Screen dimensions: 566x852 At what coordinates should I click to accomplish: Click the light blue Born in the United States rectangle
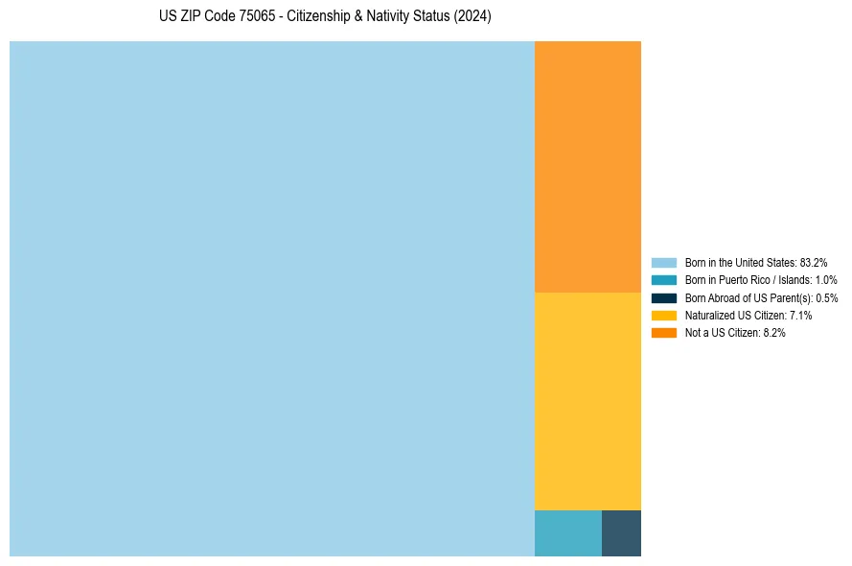tap(271, 298)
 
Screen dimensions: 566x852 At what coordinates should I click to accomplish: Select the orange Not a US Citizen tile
tap(587, 166)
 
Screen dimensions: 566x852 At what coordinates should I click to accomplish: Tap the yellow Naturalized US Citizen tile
tap(587, 401)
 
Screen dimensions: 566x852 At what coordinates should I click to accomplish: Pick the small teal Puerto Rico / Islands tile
tap(567, 533)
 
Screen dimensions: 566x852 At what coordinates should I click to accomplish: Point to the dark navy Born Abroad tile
tap(621, 533)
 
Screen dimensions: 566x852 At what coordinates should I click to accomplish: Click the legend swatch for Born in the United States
tap(664, 262)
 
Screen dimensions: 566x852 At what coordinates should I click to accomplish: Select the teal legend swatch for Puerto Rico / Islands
tap(664, 280)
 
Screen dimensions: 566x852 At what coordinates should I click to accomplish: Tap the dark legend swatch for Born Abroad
tap(664, 297)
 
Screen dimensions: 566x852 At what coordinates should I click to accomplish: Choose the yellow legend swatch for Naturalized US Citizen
tap(664, 315)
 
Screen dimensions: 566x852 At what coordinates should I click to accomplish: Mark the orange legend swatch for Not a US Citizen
tap(664, 333)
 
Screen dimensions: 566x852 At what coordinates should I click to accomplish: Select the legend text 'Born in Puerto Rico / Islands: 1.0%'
tap(761, 280)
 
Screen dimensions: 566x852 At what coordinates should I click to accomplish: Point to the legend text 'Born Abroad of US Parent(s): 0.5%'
tap(761, 297)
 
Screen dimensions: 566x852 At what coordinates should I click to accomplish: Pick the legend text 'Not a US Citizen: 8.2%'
tap(735, 333)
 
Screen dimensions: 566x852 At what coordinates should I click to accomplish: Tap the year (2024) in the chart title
tap(472, 17)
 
